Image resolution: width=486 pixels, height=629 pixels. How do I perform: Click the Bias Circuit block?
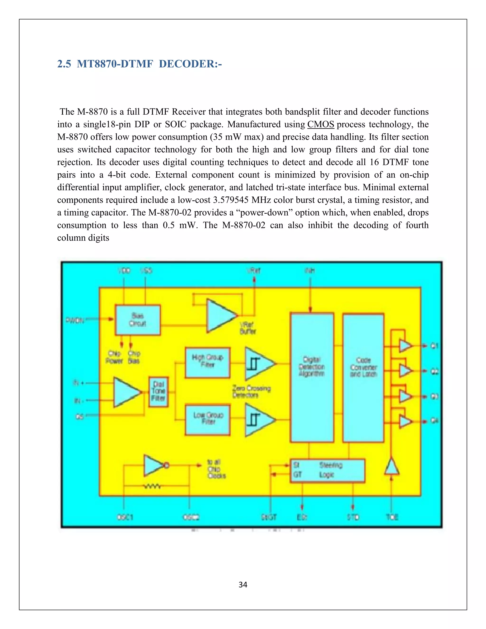(x=138, y=320)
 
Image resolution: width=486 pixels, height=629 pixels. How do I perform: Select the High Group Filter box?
(x=208, y=363)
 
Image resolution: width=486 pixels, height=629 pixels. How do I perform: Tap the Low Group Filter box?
(x=208, y=419)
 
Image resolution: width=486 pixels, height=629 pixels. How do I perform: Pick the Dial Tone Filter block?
(x=158, y=392)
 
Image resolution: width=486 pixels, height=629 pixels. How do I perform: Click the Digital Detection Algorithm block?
(x=312, y=377)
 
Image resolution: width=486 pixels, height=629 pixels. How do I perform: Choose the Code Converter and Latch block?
(x=363, y=377)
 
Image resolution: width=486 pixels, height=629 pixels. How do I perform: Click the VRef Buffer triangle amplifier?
(x=220, y=315)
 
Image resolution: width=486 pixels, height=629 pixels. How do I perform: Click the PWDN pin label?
(x=75, y=320)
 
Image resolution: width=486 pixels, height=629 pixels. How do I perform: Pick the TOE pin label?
(x=392, y=517)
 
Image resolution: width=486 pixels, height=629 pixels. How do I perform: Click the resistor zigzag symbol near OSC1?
(x=152, y=486)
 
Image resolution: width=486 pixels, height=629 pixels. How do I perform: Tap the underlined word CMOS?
(x=320, y=124)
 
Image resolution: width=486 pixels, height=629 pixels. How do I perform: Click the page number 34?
(x=243, y=585)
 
